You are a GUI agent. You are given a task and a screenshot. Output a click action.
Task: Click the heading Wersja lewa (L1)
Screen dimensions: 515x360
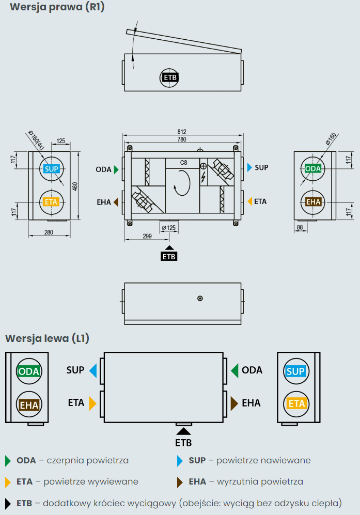(x=47, y=338)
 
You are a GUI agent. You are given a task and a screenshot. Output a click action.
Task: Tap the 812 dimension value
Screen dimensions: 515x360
(x=181, y=132)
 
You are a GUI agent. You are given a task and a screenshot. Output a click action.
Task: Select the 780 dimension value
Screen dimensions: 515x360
(x=181, y=139)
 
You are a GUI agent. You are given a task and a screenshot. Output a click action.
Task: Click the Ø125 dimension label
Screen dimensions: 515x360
(x=169, y=228)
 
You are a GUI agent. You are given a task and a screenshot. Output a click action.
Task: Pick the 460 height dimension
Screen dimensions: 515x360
(x=75, y=186)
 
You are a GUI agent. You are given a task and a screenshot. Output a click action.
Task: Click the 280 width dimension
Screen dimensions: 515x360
(x=49, y=232)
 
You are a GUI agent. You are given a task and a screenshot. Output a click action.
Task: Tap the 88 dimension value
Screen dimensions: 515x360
(x=300, y=227)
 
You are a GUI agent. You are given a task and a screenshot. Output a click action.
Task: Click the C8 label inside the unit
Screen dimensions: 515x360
(x=183, y=163)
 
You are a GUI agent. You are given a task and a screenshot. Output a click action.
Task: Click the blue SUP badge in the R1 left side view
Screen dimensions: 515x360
(x=51, y=169)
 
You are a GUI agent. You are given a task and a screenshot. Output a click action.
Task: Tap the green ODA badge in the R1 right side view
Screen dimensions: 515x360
(x=313, y=169)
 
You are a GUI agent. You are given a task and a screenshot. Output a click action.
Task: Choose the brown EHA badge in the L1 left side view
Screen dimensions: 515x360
(x=29, y=405)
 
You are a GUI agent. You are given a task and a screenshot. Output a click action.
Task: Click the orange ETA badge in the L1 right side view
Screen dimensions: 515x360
(x=296, y=403)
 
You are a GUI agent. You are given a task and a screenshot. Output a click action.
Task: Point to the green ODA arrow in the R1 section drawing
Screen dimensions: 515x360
(x=117, y=169)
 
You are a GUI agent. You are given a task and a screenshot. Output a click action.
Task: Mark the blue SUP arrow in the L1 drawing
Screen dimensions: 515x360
(x=93, y=370)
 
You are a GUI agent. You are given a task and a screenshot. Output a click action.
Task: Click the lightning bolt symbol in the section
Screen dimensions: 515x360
(x=203, y=178)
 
